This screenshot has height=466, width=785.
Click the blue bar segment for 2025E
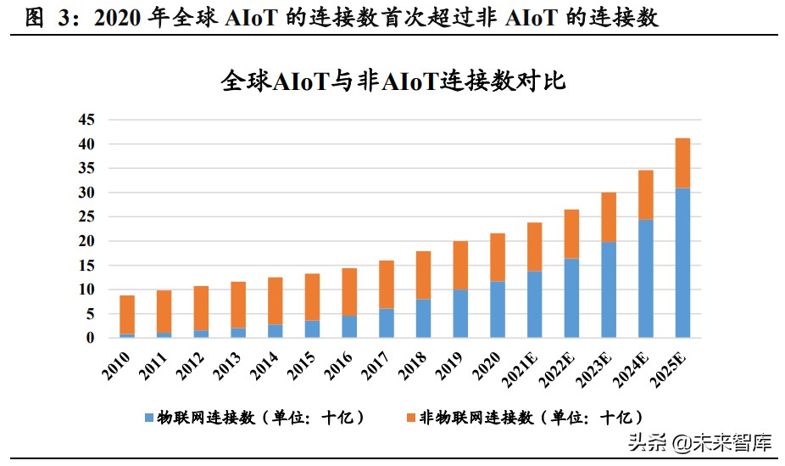tap(682, 263)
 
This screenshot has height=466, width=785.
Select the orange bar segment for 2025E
tap(682, 163)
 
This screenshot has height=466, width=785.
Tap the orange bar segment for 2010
tap(126, 315)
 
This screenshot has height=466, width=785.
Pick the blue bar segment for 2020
tap(498, 310)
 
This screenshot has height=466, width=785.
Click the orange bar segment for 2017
tap(387, 284)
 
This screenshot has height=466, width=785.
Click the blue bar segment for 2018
tap(423, 318)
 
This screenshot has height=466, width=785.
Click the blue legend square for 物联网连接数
tap(150, 418)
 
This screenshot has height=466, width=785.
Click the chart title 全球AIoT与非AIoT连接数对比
tap(392, 81)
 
